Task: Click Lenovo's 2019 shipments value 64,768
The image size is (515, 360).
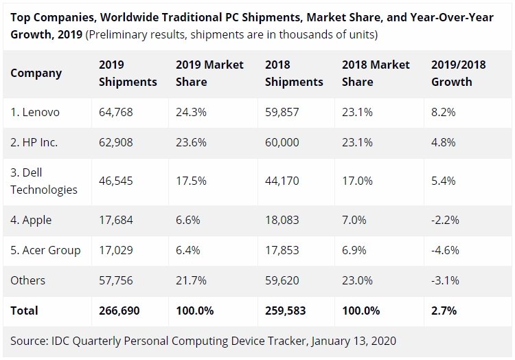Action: tap(116, 113)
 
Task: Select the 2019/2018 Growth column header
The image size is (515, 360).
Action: tap(458, 73)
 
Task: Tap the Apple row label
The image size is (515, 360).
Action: tap(31, 220)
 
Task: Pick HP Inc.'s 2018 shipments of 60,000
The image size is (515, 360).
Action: tap(282, 142)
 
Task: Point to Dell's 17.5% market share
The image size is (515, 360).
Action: tap(191, 181)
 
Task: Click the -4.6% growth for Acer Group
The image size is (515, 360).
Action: tap(445, 250)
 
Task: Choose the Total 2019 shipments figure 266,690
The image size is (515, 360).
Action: tap(119, 311)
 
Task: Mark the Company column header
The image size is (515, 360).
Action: tap(36, 74)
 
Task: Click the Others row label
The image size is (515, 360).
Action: tap(28, 280)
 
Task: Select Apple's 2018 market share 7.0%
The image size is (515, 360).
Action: tap(354, 220)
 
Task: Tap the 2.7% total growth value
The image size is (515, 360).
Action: tap(444, 311)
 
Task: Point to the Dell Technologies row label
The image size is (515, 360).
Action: tap(44, 181)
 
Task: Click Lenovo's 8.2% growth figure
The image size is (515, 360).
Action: tap(444, 113)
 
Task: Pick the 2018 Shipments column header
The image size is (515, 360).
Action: tap(294, 73)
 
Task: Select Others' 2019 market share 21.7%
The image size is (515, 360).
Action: tap(191, 280)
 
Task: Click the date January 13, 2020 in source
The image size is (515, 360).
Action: tap(354, 341)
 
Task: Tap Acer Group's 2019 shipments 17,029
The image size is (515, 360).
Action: tap(116, 250)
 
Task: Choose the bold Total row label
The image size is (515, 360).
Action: tap(24, 311)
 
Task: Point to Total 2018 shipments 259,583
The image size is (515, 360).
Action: tap(286, 311)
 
